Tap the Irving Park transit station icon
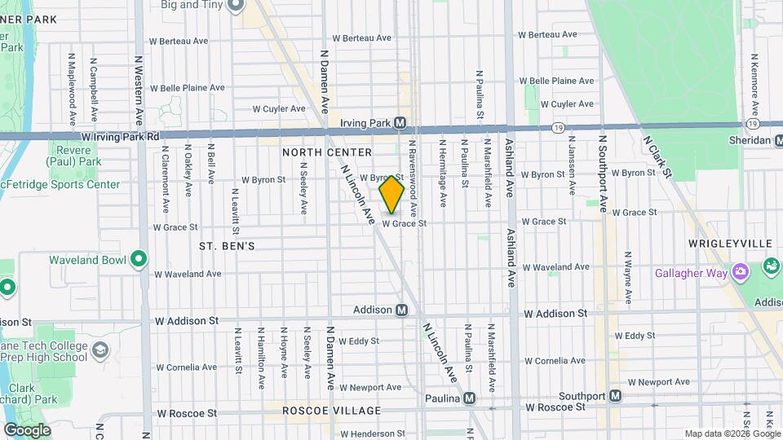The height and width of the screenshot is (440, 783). (x=400, y=123)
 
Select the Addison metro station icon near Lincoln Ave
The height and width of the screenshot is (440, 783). (x=401, y=310)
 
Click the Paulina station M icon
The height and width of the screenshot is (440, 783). (x=469, y=398)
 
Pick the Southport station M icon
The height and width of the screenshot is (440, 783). (x=615, y=396)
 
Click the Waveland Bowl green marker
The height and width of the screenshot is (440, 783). (x=139, y=260)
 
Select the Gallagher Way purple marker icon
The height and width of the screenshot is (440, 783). (x=740, y=272)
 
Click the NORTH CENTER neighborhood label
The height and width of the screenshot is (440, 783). (x=327, y=152)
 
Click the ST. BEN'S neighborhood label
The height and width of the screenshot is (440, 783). (x=227, y=245)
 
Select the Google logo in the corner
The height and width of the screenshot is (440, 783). (x=27, y=429)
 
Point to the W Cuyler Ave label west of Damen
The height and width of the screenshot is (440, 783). (x=278, y=108)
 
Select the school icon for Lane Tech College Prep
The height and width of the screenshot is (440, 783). (x=100, y=350)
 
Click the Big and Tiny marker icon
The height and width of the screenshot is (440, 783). (x=237, y=7)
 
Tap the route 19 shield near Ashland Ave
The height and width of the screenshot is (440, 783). (x=558, y=127)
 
